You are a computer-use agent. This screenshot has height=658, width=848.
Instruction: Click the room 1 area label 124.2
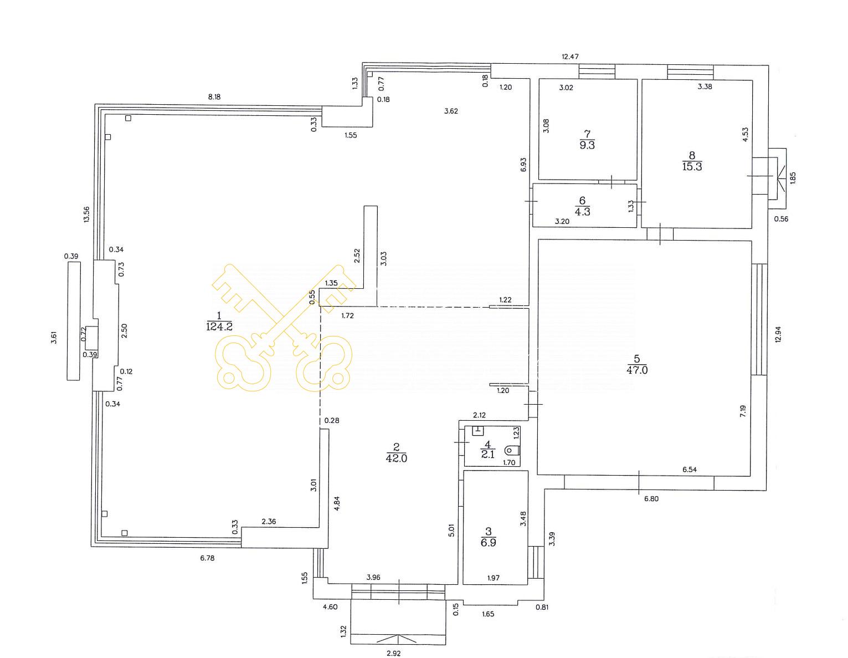[x=219, y=327]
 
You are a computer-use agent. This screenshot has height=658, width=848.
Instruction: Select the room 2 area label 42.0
[x=397, y=458]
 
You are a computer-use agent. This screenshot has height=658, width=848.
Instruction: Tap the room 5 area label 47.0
[x=637, y=370]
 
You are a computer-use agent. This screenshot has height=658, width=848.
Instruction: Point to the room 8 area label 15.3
[x=692, y=167]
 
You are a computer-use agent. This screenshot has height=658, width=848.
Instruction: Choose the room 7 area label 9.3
[x=587, y=145]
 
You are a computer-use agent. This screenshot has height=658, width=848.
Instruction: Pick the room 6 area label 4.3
[x=582, y=212]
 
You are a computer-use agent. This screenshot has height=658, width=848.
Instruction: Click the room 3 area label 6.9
[x=488, y=542]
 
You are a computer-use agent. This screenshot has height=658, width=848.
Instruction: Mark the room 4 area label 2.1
[x=488, y=454]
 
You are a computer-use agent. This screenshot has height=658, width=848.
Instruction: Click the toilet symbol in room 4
[x=512, y=451]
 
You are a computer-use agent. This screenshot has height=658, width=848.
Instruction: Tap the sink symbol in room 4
[x=477, y=431]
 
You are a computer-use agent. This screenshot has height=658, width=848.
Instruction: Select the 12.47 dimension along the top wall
[x=570, y=56]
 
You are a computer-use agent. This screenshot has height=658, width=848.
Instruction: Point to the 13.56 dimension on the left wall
[x=86, y=214]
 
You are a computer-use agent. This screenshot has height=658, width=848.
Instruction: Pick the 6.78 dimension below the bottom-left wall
[x=207, y=558]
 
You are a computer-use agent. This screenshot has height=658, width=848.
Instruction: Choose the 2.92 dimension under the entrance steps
[x=394, y=653]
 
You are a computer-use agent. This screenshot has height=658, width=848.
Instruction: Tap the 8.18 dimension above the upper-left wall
[x=214, y=97]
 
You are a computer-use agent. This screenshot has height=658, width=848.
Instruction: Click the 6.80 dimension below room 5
[x=651, y=499]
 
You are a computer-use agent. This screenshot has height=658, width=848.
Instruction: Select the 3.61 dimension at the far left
[x=54, y=338]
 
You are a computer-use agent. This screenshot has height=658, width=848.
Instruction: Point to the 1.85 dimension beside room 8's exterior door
[x=793, y=178]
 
